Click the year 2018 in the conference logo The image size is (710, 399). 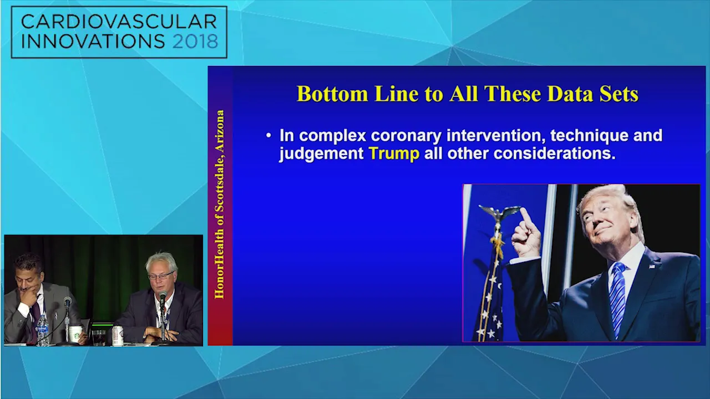pos(195,41)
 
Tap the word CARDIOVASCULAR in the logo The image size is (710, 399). pos(119,22)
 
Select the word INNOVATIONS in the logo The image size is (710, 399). pos(93,41)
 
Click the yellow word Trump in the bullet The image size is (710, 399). pos(394,154)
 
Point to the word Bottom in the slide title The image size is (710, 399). pos(332,94)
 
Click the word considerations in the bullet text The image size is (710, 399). pos(554,154)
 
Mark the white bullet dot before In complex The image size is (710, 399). pos(268,136)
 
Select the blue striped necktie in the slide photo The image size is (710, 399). pos(616,299)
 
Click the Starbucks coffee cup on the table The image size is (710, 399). pos(75,334)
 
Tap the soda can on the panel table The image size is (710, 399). pos(118,335)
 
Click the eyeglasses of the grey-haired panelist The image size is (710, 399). pos(161,275)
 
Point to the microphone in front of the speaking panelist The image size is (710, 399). pos(163,298)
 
